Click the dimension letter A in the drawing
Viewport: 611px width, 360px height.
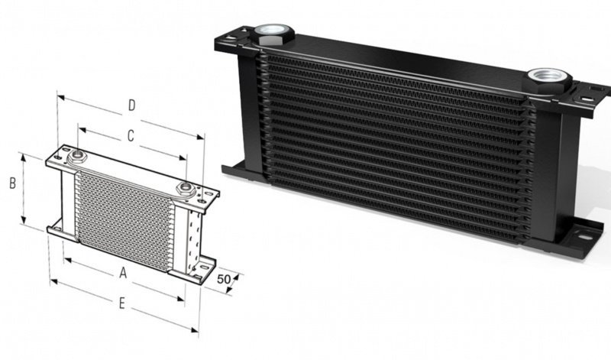122,273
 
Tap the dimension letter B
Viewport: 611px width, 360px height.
12,183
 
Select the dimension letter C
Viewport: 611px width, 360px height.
131,136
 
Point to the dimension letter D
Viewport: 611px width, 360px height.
131,105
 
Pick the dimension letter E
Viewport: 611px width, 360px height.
122,304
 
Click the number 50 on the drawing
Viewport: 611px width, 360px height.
225,279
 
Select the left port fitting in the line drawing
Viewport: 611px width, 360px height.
77,158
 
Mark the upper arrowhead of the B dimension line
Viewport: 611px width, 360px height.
24,155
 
